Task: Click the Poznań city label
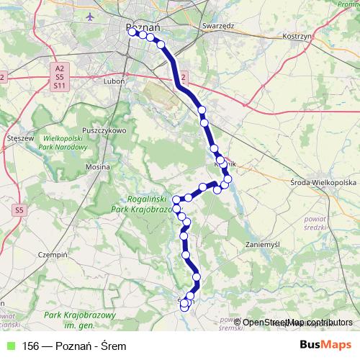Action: [147, 23]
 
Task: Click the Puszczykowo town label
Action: [104, 130]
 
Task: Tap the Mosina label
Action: [96, 166]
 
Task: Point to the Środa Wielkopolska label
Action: [324, 183]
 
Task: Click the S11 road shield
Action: [60, 86]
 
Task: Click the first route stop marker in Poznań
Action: [131, 30]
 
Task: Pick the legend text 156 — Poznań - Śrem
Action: [73, 346]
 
